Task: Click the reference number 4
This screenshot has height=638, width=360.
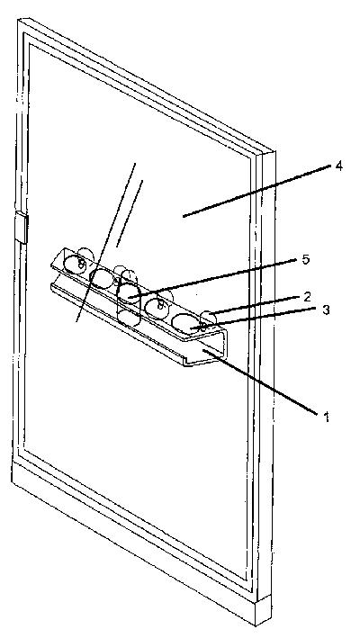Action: click(x=338, y=166)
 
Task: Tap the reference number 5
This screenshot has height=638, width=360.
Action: click(x=305, y=259)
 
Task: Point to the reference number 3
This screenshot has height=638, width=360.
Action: click(x=326, y=310)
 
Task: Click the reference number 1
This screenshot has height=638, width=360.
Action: click(x=326, y=417)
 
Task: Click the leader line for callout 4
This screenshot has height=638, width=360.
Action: click(x=257, y=191)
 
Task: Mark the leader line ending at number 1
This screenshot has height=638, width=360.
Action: click(x=260, y=382)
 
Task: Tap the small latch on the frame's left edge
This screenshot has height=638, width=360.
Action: click(x=22, y=227)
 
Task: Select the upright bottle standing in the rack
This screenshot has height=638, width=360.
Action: click(x=128, y=298)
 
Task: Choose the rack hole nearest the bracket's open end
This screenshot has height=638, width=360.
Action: click(x=185, y=323)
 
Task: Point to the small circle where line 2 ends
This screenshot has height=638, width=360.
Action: click(x=209, y=318)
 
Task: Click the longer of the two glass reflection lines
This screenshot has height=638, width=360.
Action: click(x=106, y=242)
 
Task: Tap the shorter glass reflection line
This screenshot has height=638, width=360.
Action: click(x=130, y=213)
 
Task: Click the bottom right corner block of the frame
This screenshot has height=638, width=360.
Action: click(x=264, y=609)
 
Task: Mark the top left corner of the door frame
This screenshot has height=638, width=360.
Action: click(x=19, y=20)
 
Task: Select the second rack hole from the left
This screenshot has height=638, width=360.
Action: click(x=102, y=279)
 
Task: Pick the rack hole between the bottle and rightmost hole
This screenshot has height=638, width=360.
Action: click(x=157, y=308)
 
